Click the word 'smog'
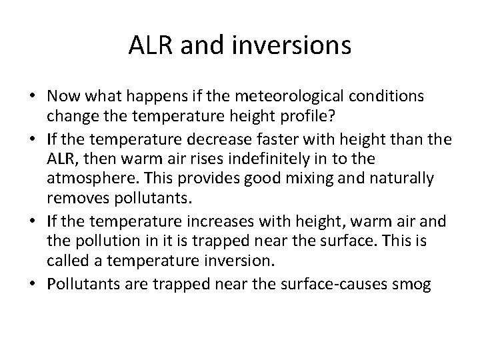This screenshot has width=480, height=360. click(412, 285)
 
